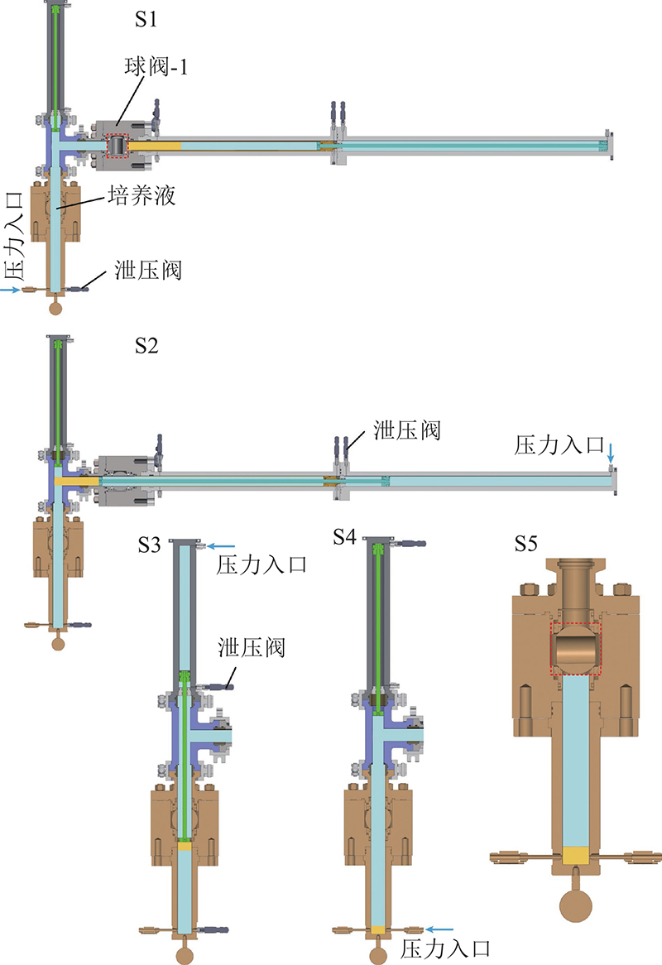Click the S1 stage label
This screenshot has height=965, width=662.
(146, 19)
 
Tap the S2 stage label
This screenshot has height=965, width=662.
(146, 345)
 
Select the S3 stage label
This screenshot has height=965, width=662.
(149, 545)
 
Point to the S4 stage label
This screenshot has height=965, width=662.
(344, 536)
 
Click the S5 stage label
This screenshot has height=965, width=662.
(526, 544)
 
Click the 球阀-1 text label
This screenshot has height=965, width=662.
(156, 66)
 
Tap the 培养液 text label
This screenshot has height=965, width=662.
(142, 195)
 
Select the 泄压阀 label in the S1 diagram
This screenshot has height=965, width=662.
(148, 270)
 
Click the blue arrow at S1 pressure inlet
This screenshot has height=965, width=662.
(11, 290)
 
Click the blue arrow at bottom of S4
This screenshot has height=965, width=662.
(440, 929)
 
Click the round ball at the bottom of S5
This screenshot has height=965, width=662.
(575, 905)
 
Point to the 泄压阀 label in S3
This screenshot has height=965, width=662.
(252, 647)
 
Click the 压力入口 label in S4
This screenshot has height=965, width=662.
(445, 949)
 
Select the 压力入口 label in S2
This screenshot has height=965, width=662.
(559, 445)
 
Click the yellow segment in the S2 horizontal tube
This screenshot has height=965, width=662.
(77, 481)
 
